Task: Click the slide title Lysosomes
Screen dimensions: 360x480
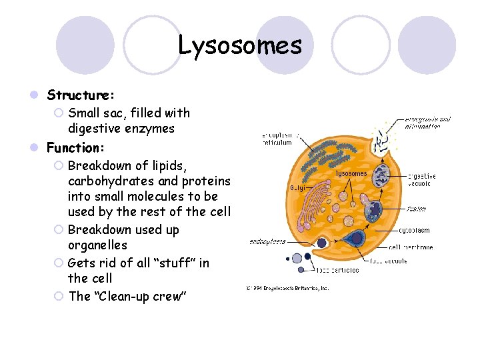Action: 240,45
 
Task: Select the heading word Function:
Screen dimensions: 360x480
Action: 75,146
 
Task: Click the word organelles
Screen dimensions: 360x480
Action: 97,245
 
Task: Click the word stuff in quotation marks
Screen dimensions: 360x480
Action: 169,263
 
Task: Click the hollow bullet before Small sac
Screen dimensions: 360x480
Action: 58,113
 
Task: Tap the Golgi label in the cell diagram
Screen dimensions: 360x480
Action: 297,187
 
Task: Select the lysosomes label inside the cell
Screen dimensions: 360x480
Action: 351,173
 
